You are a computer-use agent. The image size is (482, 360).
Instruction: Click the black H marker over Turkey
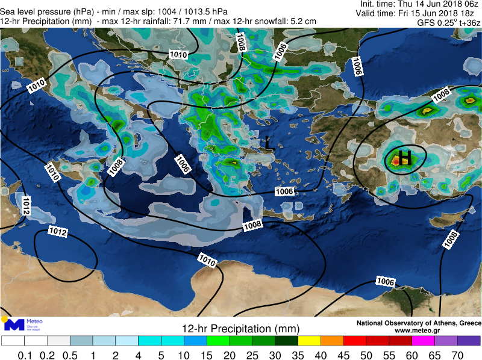(x=406, y=158)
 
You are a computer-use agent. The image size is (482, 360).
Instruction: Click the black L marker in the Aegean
(x=269, y=142)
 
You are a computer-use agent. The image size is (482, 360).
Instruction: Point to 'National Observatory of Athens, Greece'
(x=419, y=323)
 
